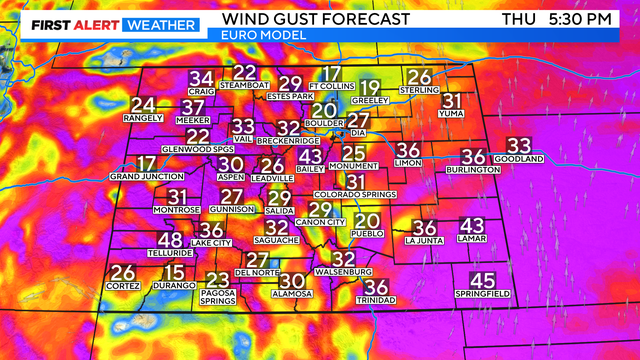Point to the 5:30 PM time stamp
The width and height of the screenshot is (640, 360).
(591, 18)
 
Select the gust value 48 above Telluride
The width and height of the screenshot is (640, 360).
(170, 240)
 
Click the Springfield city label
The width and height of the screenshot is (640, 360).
(482, 296)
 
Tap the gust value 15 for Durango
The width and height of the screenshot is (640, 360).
(174, 272)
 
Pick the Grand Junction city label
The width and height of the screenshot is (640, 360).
(146, 177)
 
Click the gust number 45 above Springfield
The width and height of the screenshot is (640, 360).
(482, 282)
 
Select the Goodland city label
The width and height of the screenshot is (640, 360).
(518, 159)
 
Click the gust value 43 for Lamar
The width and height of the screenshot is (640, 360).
(471, 226)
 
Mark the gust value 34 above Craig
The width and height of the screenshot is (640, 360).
(202, 79)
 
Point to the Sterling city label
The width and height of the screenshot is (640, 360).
(419, 90)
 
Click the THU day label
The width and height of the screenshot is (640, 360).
(517, 18)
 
